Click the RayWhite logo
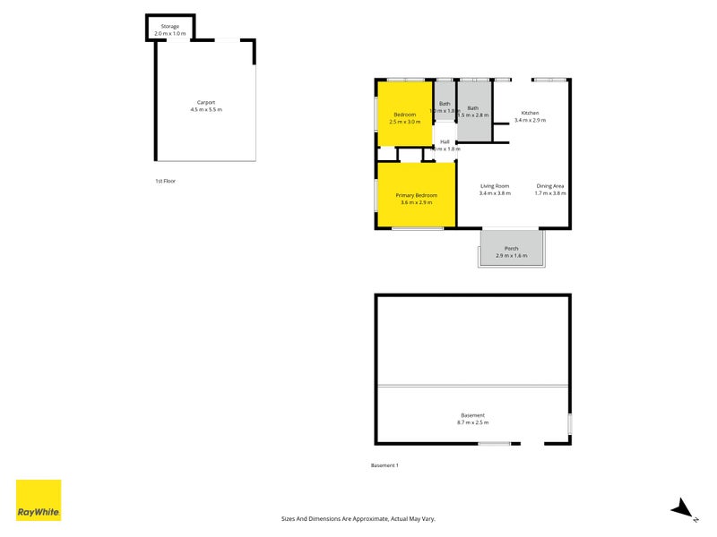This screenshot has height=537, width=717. pos(39,500)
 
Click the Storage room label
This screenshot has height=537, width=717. pos(169,27)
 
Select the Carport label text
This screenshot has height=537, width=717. pos(206,102)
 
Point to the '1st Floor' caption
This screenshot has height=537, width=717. pos(165,181)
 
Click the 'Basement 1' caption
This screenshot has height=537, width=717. pos(384,465)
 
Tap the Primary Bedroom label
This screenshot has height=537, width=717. pos(417,195)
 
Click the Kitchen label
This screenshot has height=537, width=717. pos(531,113)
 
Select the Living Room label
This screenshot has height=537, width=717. pos(495,186)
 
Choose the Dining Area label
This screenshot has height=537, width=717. pos(550,186)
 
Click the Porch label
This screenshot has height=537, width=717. pos(512,248)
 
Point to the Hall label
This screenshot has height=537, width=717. pos(445,141)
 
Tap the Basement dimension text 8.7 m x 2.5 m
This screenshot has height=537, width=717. pos(473,422)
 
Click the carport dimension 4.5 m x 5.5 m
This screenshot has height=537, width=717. pos(206,109)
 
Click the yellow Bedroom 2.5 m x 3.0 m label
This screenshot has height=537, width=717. pos(405,117)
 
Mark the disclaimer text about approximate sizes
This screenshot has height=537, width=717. pos(358,518)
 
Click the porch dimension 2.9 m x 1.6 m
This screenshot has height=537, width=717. pos(512,256)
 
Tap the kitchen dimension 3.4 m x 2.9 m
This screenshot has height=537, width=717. pos(531,120)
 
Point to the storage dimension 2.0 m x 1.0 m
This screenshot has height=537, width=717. pos(169,34)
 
